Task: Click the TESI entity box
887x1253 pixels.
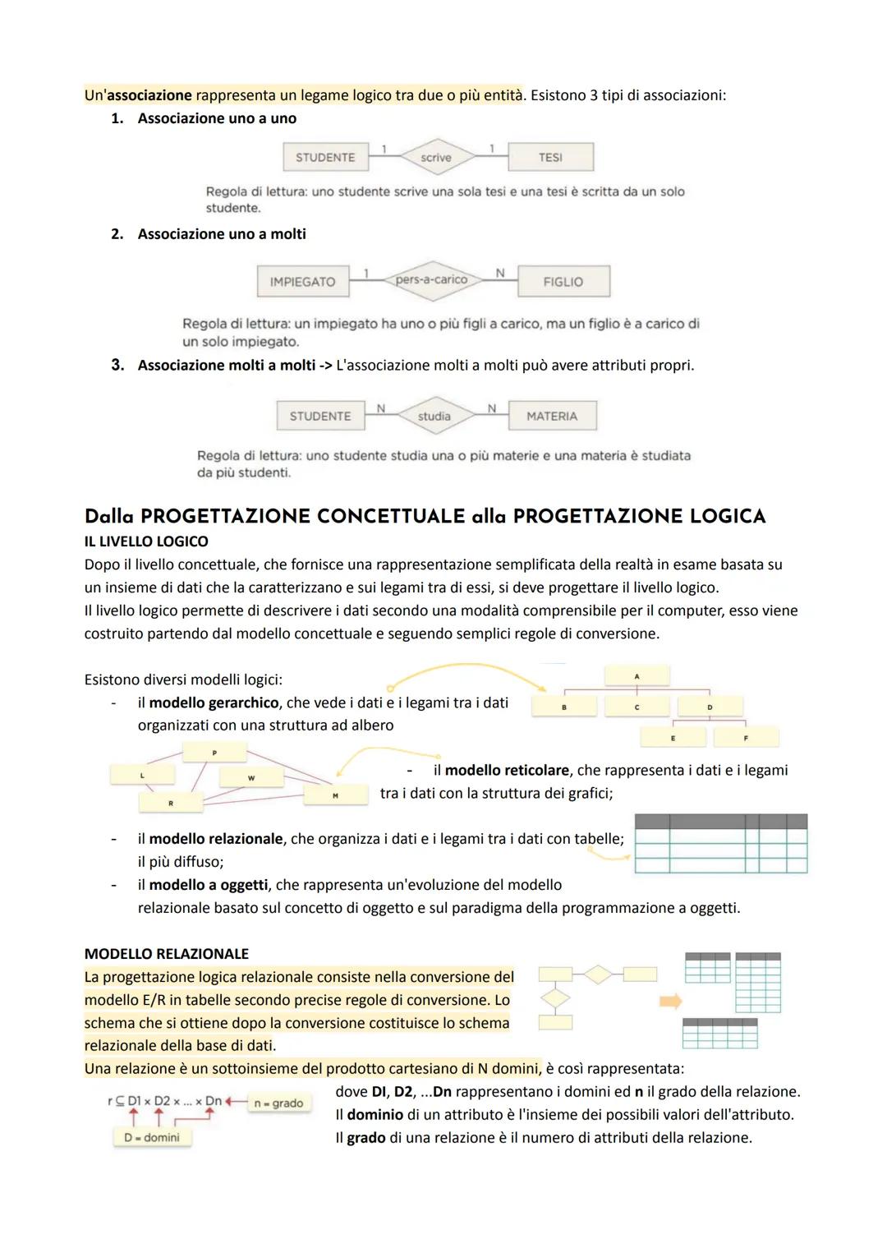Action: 550,157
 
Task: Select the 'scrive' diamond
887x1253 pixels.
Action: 435,157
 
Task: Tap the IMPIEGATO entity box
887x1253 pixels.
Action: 302,281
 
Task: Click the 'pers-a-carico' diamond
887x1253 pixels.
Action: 431,279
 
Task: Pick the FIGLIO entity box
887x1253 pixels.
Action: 563,281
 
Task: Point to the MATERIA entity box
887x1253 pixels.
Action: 552,416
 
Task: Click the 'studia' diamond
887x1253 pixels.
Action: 434,416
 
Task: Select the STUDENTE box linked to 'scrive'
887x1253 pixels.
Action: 325,157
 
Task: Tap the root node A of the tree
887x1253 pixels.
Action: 637,675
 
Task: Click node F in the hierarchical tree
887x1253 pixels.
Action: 746,738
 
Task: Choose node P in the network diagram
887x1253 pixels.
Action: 214,751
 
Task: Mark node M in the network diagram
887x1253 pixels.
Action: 335,795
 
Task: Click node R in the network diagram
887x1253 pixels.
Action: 171,803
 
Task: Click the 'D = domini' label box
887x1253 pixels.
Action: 152,1137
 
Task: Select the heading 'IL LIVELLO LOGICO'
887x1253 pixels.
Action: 146,541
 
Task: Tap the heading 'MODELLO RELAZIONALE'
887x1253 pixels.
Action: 167,954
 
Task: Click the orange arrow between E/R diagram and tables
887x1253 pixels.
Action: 671,1001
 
